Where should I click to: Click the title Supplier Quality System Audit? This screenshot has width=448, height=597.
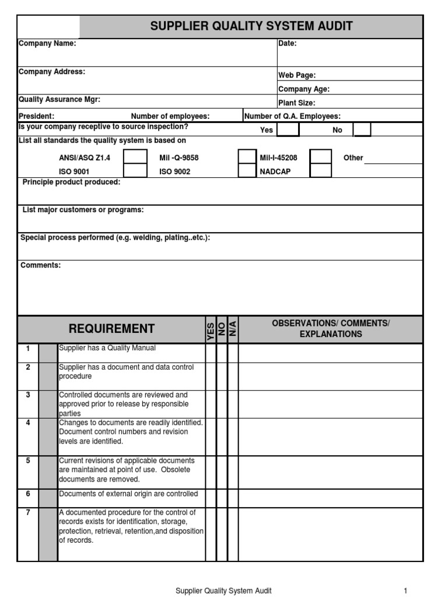(251, 26)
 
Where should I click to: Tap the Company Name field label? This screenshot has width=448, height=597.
(47, 43)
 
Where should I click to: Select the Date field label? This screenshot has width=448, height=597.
(288, 43)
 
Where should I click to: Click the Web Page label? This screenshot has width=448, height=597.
(297, 75)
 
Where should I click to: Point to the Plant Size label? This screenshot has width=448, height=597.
(297, 103)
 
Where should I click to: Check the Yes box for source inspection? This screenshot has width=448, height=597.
(288, 129)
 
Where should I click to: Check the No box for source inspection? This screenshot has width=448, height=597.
(362, 129)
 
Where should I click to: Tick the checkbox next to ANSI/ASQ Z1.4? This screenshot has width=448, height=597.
(135, 157)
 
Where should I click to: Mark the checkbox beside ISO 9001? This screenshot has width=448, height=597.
(135, 171)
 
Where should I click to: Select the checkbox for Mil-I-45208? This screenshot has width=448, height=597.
(320, 157)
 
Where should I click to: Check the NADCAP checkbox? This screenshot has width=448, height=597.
(320, 171)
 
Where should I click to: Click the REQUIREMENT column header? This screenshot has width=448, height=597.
(112, 329)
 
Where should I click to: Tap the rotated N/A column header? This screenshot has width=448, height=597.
(233, 329)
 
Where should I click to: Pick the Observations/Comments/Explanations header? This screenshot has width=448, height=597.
(331, 329)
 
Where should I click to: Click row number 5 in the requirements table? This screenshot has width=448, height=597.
(28, 461)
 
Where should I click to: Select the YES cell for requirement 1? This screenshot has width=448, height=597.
(211, 353)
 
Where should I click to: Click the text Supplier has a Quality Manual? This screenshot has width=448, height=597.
(107, 348)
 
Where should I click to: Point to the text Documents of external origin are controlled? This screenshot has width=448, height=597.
(128, 494)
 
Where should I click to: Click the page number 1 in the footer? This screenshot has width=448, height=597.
(405, 591)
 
